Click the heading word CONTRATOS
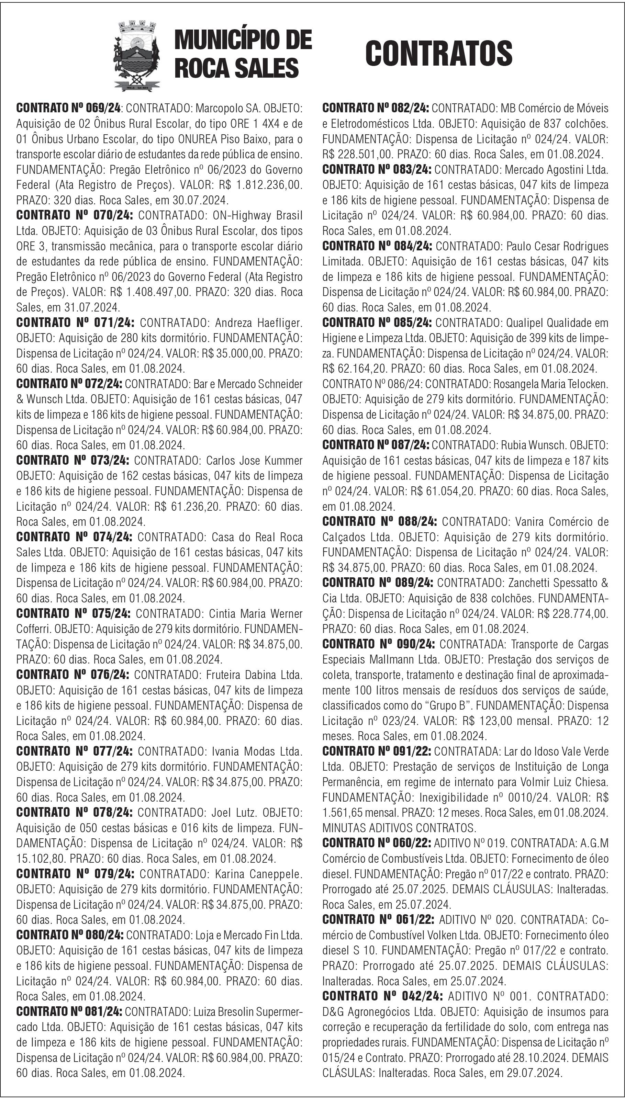coord(438,54)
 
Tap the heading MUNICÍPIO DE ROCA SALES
coord(243,54)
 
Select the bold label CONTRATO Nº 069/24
coord(69,108)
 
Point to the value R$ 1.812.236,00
coord(260,185)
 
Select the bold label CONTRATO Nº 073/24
coord(72,461)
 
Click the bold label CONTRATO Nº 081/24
coord(69,1012)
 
